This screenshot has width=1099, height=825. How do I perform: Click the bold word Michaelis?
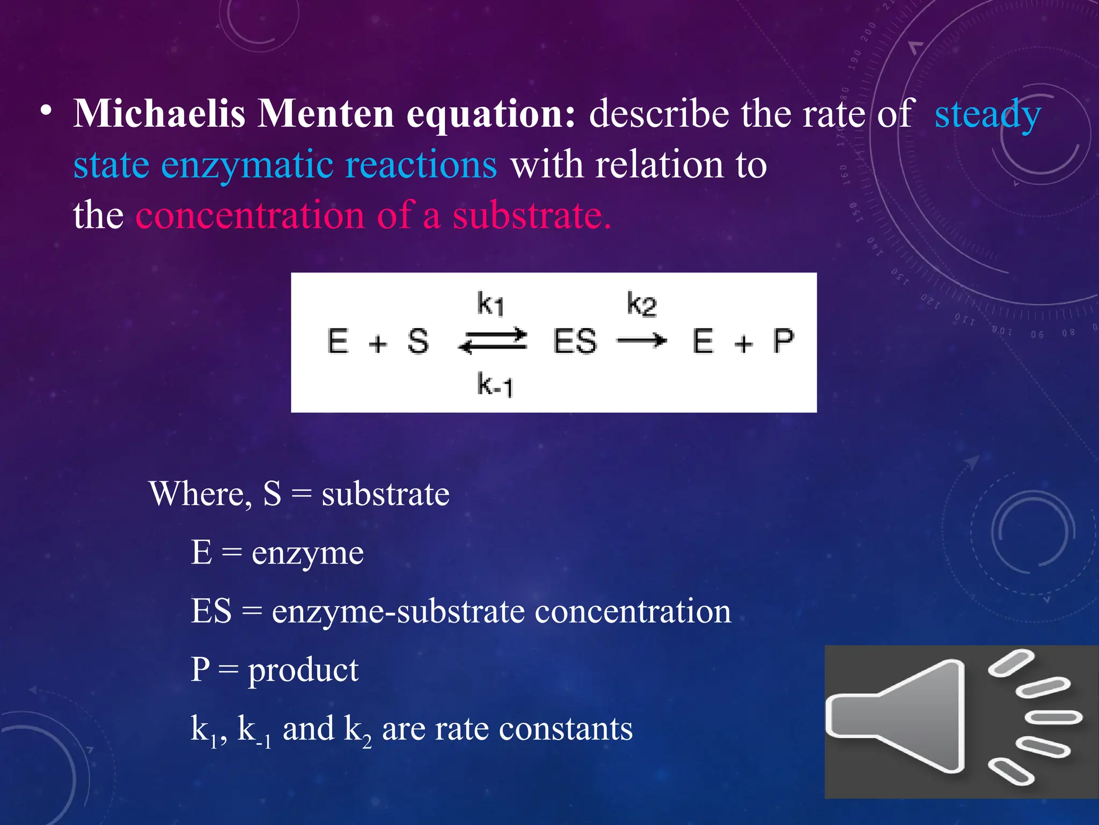pyautogui.click(x=159, y=114)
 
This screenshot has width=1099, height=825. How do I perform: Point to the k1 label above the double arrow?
pyautogui.click(x=490, y=304)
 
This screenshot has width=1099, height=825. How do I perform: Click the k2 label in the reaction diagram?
pyautogui.click(x=641, y=304)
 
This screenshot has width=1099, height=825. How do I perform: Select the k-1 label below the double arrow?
pyautogui.click(x=495, y=385)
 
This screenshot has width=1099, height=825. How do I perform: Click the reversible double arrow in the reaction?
pyautogui.click(x=493, y=342)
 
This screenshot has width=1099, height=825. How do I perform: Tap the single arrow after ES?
pyautogui.click(x=642, y=341)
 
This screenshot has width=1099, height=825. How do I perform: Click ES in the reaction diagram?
pyautogui.click(x=575, y=342)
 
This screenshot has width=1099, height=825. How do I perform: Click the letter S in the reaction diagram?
pyautogui.click(x=417, y=342)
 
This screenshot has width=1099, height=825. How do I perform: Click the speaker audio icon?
pyautogui.click(x=961, y=721)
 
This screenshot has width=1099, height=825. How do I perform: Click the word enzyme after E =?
pyautogui.click(x=307, y=553)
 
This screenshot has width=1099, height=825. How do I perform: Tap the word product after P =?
pyautogui.click(x=303, y=670)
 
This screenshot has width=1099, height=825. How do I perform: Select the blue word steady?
pyautogui.click(x=987, y=114)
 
